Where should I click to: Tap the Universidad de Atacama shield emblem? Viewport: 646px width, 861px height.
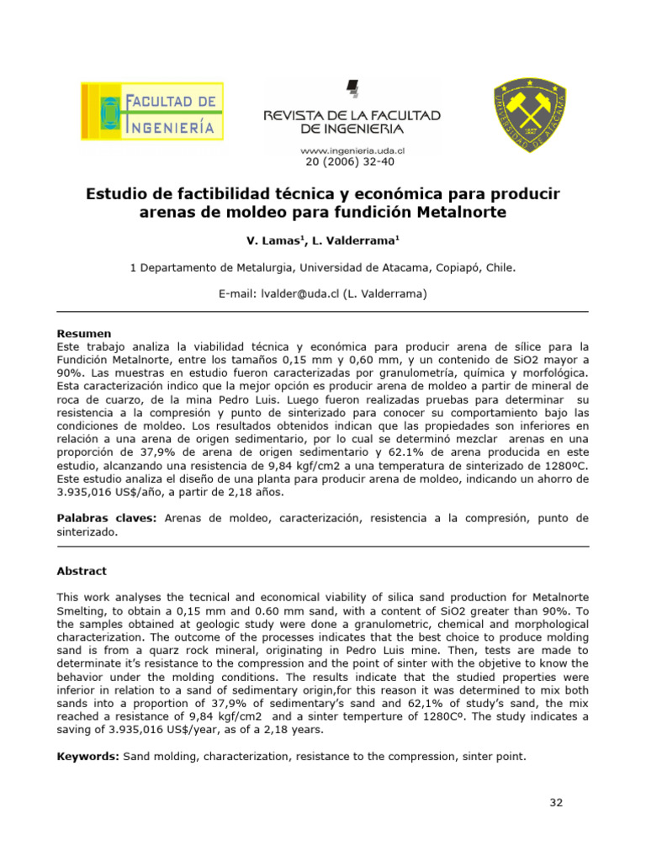tap(527, 115)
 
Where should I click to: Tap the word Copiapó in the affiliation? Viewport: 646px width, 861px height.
tap(455, 267)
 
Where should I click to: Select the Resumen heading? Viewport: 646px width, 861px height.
tap(83, 334)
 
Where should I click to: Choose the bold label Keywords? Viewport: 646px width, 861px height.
tap(87, 733)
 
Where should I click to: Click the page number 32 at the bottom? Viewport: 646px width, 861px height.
tap(556, 802)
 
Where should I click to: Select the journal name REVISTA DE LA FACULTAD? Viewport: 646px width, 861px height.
tap(352, 115)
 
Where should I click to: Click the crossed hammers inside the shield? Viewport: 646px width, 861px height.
tap(527, 108)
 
